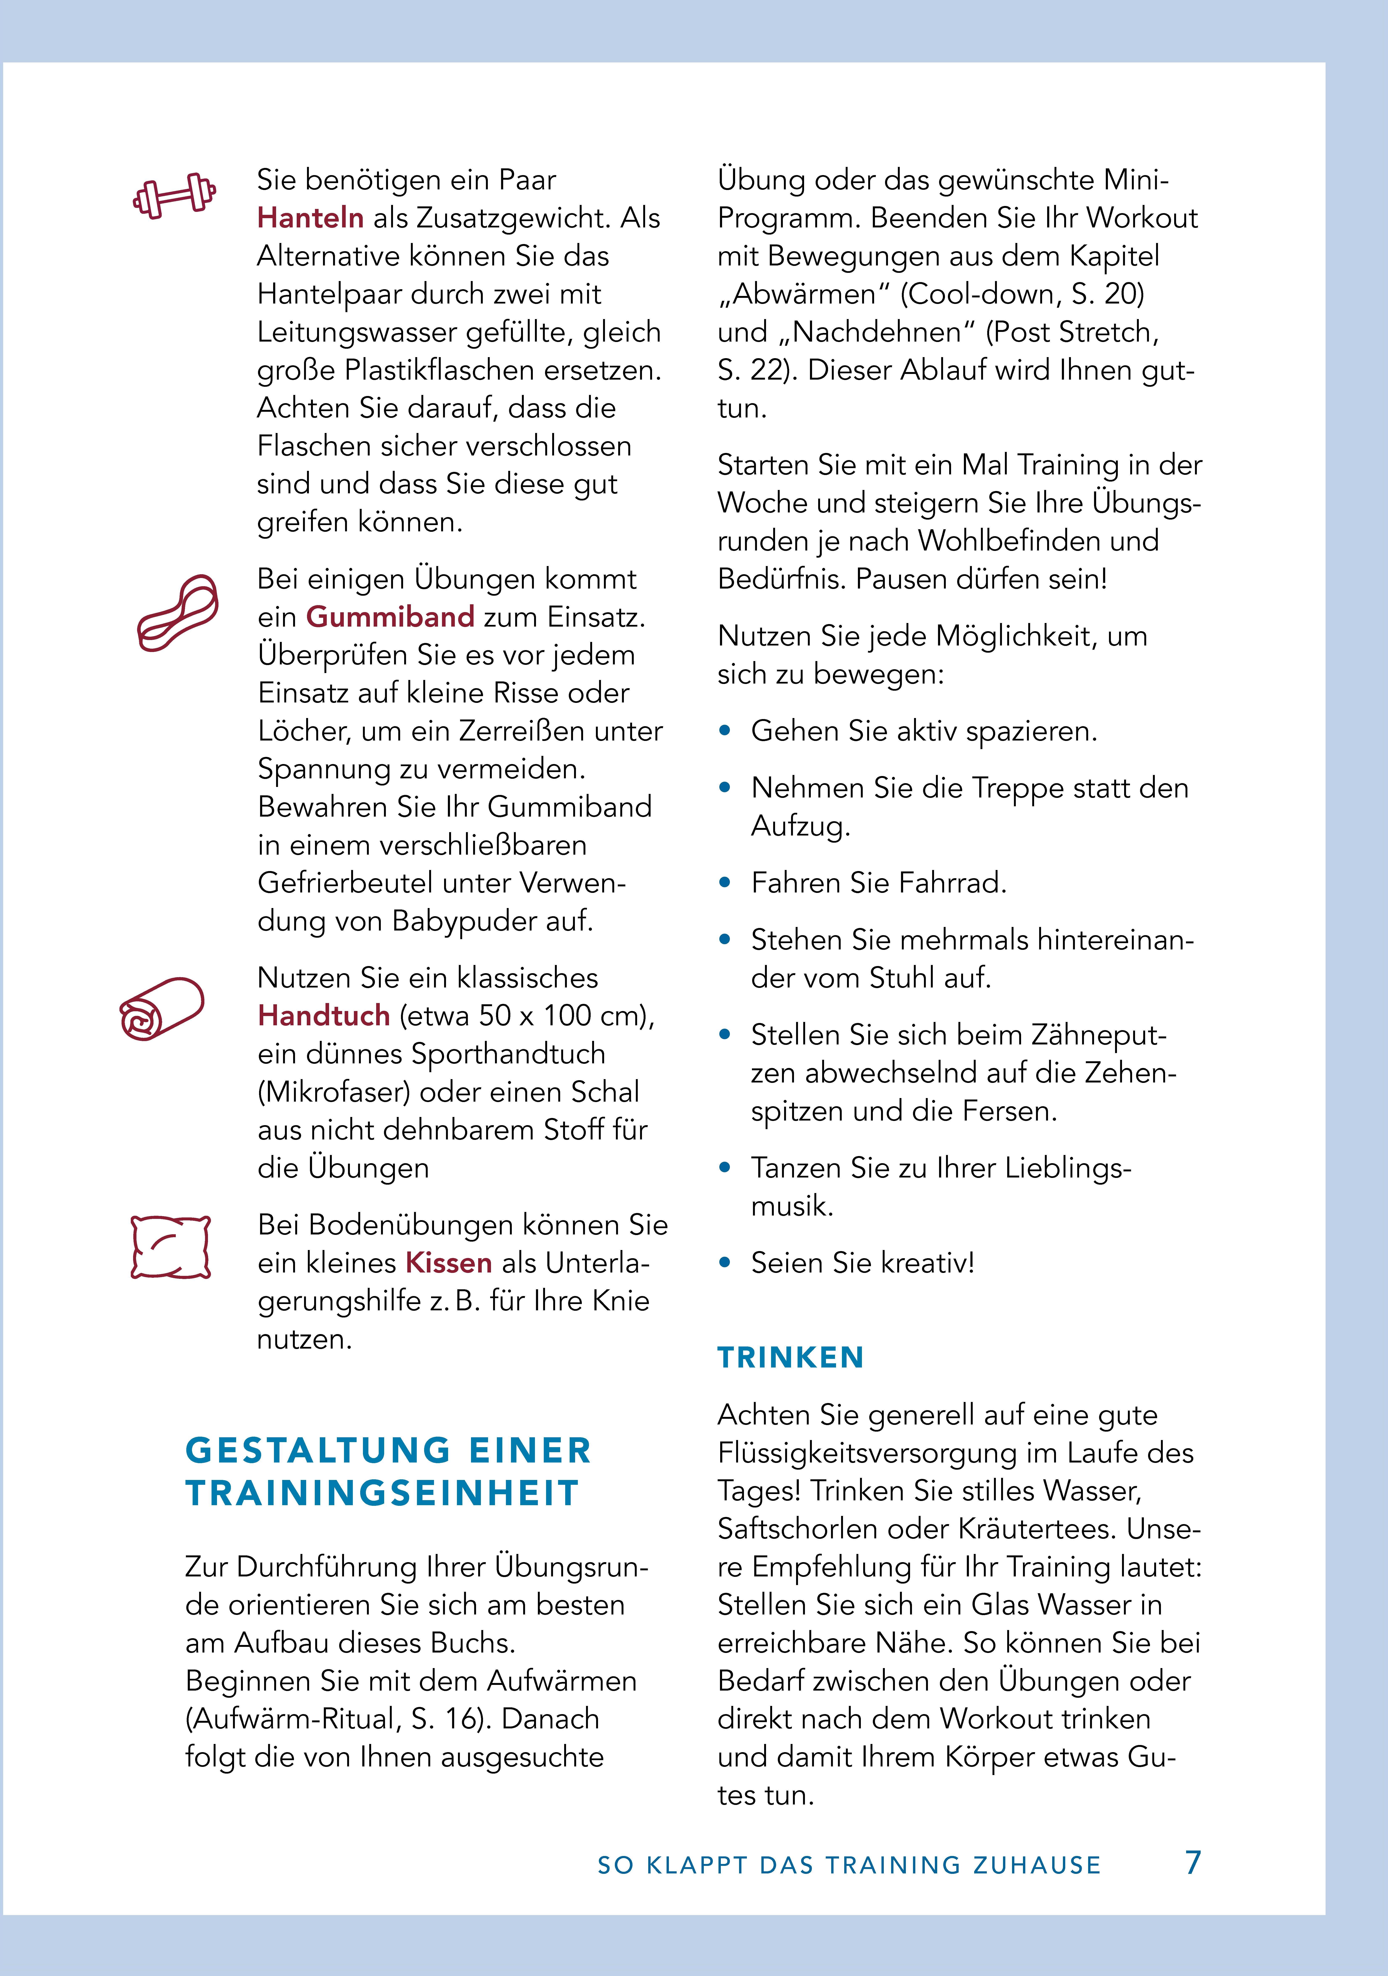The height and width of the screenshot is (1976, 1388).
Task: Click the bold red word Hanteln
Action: coord(310,218)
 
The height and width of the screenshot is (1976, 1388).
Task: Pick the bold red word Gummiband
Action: coord(390,617)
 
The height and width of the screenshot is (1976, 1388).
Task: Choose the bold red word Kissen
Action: coord(449,1263)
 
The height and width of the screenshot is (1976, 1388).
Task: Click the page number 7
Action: coord(1192,1862)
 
